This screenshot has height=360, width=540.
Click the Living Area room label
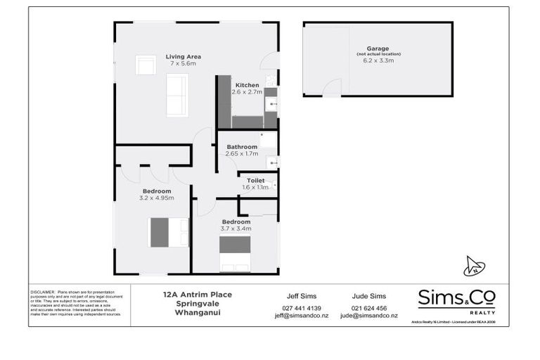[184, 57]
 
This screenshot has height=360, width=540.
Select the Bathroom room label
[242, 147]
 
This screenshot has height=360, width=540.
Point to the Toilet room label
[255, 181]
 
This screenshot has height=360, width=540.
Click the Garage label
[377, 49]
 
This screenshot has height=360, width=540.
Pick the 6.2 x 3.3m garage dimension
[378, 61]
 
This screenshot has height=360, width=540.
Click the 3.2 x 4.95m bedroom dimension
[157, 198]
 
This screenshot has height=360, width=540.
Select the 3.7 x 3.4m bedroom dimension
[236, 229]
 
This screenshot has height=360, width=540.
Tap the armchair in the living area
[146, 65]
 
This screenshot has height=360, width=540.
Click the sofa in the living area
[176, 95]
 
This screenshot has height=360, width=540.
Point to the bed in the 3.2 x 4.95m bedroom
[169, 233]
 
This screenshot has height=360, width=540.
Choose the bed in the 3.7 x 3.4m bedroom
[235, 253]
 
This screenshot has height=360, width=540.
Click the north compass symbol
[475, 266]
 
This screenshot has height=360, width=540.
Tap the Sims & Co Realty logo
[456, 300]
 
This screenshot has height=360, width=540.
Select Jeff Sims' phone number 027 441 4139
[301, 308]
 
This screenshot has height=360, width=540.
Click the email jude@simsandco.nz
[369, 316]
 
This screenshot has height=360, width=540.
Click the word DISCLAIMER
[43, 290]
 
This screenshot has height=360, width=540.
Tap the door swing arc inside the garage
[332, 86]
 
